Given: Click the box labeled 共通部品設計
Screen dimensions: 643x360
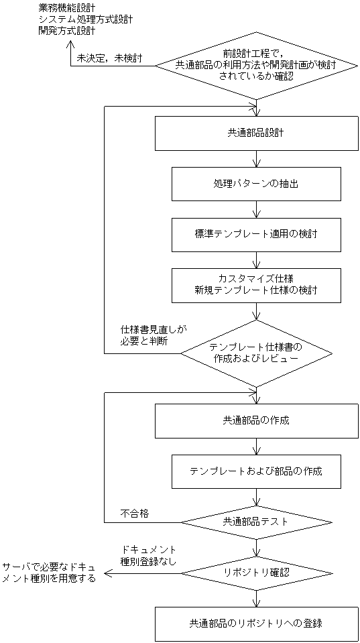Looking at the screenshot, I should [256, 133].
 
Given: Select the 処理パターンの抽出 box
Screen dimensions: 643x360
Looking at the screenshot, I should [256, 184].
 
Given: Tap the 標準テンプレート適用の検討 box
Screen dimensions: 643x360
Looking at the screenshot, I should [256, 235].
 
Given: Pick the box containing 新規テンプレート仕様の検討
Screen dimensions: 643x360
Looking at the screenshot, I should [256, 285].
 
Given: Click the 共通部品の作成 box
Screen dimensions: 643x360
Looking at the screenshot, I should [256, 420].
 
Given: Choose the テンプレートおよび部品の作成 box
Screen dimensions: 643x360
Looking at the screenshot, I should [256, 471].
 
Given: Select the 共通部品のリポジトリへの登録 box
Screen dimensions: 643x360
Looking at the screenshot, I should [256, 624].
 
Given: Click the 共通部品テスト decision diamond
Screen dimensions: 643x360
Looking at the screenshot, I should [256, 521].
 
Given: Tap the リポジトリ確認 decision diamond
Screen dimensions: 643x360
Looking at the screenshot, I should [256, 573].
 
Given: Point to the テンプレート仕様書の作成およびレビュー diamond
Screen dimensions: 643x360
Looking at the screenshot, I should [256, 353].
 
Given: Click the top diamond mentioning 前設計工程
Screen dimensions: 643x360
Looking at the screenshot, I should [256, 65].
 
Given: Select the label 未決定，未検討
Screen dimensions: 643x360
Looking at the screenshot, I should [109, 58].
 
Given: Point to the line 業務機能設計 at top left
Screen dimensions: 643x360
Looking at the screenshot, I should [67, 8].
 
